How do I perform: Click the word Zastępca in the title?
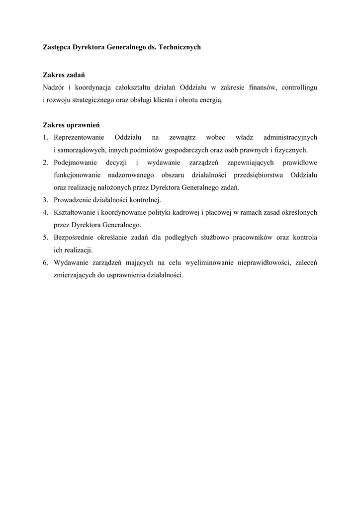click(56, 47)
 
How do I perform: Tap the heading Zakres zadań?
click(64, 75)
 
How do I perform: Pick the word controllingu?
click(299, 87)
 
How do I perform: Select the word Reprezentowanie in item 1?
click(79, 137)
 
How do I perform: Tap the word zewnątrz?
click(182, 137)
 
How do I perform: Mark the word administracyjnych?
click(291, 137)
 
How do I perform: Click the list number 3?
click(45, 200)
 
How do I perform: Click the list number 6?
click(45, 263)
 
